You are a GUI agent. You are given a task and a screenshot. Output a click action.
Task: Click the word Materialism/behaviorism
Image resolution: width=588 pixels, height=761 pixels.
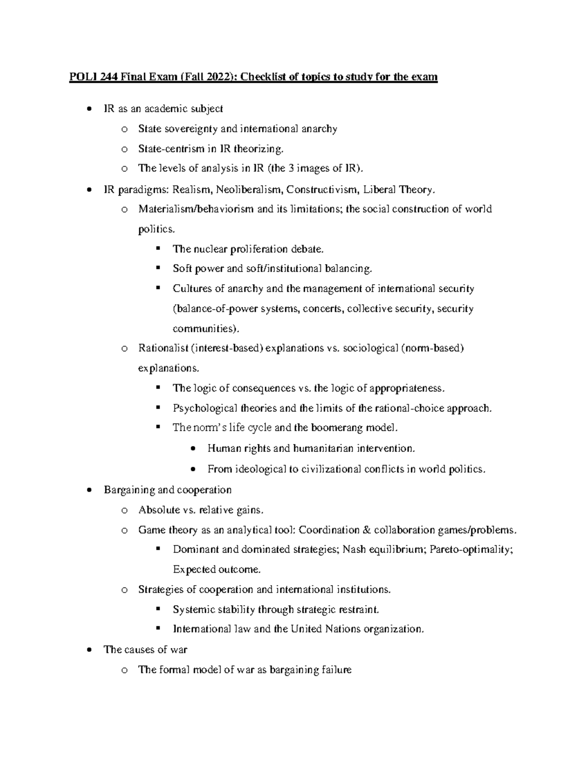(196, 209)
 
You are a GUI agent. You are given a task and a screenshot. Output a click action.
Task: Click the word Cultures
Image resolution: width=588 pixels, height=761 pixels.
(190, 289)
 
